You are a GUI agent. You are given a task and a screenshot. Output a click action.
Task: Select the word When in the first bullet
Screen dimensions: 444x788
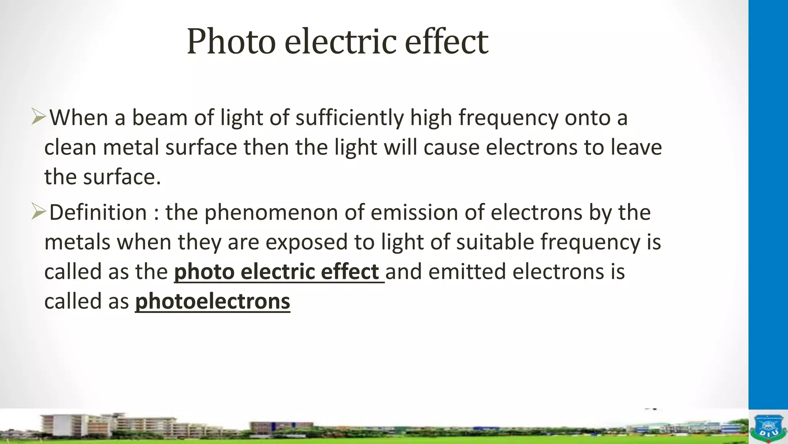point(79,118)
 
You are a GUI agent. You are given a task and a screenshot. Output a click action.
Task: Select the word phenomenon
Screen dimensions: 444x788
point(271,212)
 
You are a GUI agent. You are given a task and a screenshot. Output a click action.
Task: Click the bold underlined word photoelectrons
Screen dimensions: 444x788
point(212,301)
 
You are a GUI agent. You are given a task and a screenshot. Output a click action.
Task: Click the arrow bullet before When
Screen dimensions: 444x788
point(38,117)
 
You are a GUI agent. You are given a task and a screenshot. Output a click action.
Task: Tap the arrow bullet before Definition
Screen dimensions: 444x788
point(38,212)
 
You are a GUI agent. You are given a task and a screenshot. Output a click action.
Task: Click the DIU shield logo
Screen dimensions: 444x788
point(768,428)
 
